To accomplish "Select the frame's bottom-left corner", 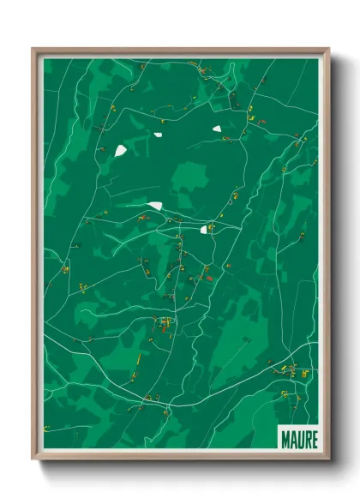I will coord(33,459).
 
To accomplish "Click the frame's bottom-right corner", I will coord(328,459).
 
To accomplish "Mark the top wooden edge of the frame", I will coord(180,51).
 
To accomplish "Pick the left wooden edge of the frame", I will coord(35,257).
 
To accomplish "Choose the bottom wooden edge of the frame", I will coord(180,457).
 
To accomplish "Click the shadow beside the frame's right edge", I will coord(336,257).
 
